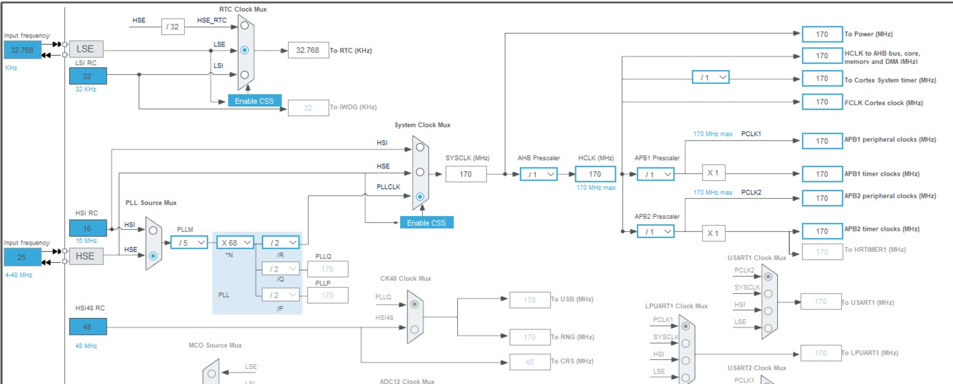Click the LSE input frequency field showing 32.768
point(22,50)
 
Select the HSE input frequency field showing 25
point(22,257)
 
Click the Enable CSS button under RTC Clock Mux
point(254,101)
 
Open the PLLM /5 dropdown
point(189,242)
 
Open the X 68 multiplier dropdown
point(236,242)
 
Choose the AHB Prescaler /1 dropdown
point(538,175)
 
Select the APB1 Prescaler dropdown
point(656,175)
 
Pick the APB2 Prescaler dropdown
point(656,232)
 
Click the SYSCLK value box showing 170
point(466,175)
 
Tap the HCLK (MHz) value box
point(595,175)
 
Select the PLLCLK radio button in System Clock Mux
point(420,197)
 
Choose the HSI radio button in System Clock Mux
point(420,147)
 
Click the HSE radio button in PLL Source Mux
point(153,256)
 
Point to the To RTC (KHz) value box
point(308,50)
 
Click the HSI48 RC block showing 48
point(88,327)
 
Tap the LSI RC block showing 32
point(88,76)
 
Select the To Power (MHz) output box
point(822,34)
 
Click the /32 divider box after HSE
point(173,26)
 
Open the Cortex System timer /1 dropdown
point(710,78)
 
